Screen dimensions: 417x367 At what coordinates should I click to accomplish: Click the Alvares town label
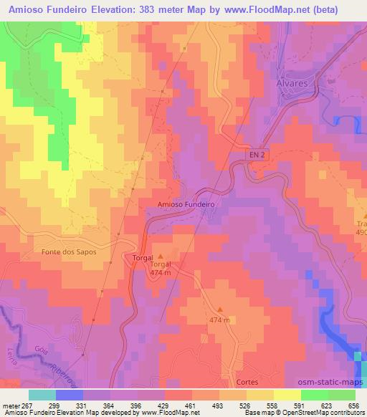point(291,84)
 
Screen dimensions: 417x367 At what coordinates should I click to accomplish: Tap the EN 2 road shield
point(257,155)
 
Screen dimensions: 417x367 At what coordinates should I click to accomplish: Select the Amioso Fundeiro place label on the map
point(186,204)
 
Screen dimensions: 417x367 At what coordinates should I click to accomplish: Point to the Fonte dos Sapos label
point(69,252)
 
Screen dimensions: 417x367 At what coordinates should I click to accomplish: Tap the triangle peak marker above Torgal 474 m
point(160,256)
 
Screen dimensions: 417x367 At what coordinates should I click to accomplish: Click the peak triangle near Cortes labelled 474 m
point(220,310)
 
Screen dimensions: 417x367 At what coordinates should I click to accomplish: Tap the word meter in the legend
point(10,404)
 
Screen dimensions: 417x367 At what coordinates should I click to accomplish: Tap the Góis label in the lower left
point(40,348)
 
